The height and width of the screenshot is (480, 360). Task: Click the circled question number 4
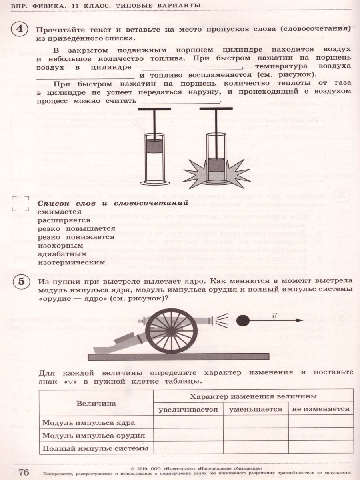(x=19, y=30)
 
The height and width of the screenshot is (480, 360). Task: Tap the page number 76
(x=23, y=472)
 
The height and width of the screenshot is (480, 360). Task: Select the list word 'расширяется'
(x=64, y=220)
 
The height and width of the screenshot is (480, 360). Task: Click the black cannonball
(x=242, y=320)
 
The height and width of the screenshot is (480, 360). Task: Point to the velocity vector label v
(x=274, y=316)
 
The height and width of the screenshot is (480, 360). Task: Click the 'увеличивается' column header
(x=188, y=409)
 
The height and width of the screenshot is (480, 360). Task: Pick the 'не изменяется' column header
(x=320, y=409)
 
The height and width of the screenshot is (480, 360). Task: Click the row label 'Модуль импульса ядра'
(x=88, y=422)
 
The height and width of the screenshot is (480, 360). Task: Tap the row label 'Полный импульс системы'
(x=95, y=448)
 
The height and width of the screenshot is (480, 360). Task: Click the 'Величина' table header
(x=96, y=403)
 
